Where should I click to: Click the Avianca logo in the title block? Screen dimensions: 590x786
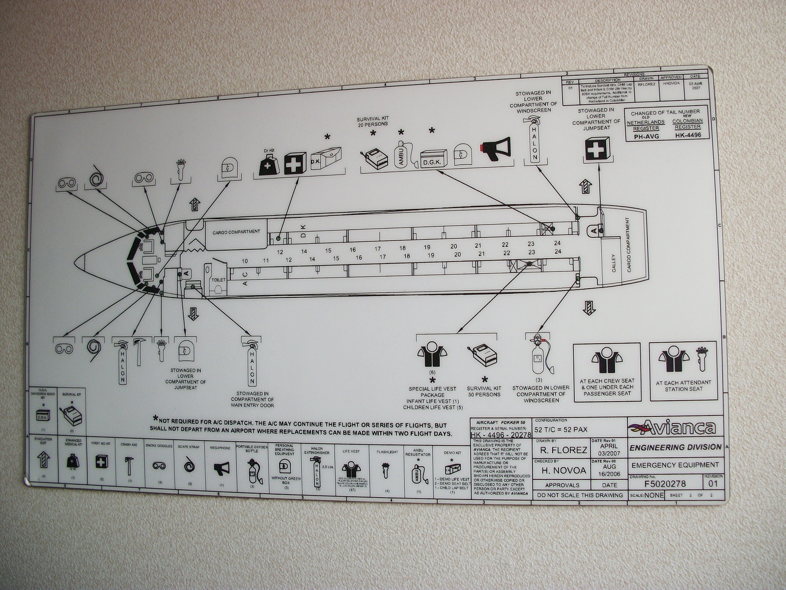(676, 427)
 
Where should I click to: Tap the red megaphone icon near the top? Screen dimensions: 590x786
(497, 147)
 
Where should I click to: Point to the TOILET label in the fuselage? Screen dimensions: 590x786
(218, 280)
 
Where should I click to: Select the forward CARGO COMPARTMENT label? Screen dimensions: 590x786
(236, 232)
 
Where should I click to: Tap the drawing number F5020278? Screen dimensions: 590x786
(664, 483)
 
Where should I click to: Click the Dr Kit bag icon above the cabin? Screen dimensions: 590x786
(269, 164)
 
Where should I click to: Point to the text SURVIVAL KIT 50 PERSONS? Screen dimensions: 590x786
(483, 391)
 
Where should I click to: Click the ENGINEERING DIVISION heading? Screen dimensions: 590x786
(675, 447)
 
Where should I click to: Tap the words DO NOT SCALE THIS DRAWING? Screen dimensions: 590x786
(580, 495)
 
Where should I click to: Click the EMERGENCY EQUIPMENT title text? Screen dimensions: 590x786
(675, 465)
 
